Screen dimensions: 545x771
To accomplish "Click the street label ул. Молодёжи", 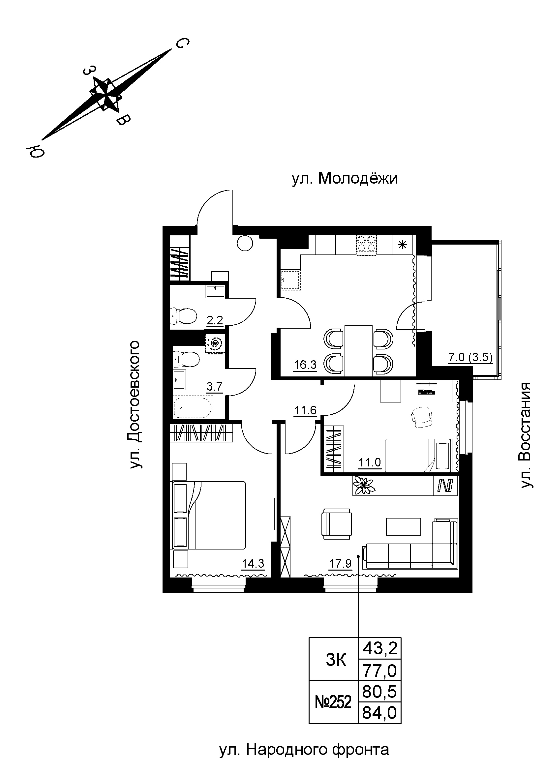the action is tap(345, 179).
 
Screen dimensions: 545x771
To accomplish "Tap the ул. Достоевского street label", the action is tap(135, 404).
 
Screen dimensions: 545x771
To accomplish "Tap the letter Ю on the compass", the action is tap(35, 152).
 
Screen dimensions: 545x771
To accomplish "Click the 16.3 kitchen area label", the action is tap(305, 365).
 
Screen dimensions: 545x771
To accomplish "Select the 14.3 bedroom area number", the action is tap(253, 563).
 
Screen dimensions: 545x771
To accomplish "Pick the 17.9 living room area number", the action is tap(340, 563).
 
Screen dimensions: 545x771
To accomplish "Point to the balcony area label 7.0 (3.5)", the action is tap(470, 357).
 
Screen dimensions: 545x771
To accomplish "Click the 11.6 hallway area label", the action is tap(305, 410).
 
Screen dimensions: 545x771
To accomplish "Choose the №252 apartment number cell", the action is tap(333, 701).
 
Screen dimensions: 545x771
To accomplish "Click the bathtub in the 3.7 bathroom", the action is tap(193, 408).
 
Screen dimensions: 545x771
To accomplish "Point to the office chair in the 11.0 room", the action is tap(422, 417).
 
